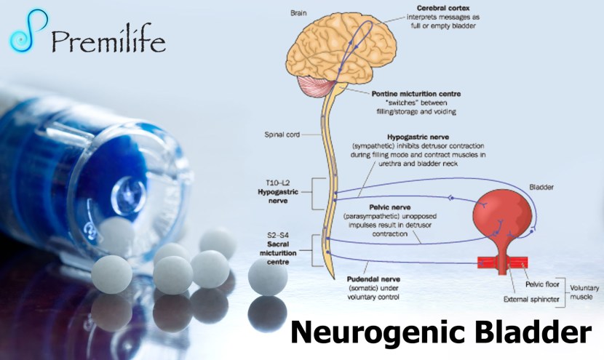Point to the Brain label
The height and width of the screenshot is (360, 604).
click(298, 13)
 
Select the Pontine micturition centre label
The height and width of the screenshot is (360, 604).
click(407, 94)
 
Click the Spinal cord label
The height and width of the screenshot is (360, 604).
click(282, 135)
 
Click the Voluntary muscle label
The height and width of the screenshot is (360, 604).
click(584, 292)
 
